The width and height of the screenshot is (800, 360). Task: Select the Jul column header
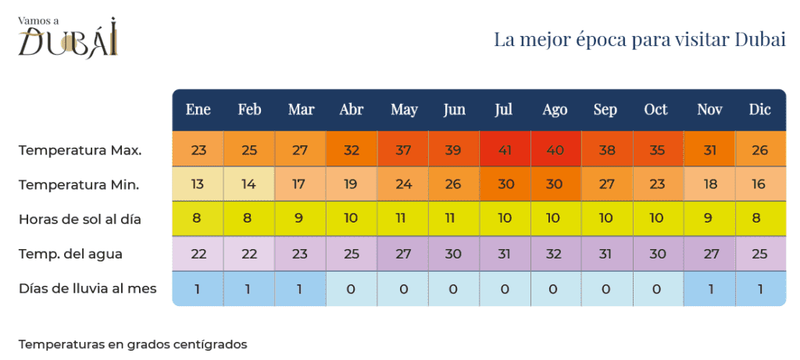tap(504, 110)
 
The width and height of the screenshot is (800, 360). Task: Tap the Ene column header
tap(198, 110)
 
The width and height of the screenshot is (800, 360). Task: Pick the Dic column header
tap(759, 110)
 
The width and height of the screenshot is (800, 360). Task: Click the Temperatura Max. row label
tap(80, 150)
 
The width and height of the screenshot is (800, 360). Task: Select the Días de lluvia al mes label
tap(87, 288)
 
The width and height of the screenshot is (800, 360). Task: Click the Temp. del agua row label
tap(70, 254)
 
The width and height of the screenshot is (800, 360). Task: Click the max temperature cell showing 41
tap(504, 150)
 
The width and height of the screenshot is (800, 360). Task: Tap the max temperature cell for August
tap(555, 150)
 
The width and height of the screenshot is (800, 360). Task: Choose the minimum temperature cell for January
tap(198, 184)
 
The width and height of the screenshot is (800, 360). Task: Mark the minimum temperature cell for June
tap(454, 184)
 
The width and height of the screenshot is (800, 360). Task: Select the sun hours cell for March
tap(301, 219)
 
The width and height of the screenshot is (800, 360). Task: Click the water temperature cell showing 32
tap(555, 254)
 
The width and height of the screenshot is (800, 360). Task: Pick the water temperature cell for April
tap(352, 254)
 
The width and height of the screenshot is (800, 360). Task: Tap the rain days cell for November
tap(709, 288)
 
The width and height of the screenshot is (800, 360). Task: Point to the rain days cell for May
tap(403, 288)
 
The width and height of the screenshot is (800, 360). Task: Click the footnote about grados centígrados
tap(133, 344)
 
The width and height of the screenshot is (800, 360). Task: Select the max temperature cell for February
tap(249, 150)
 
